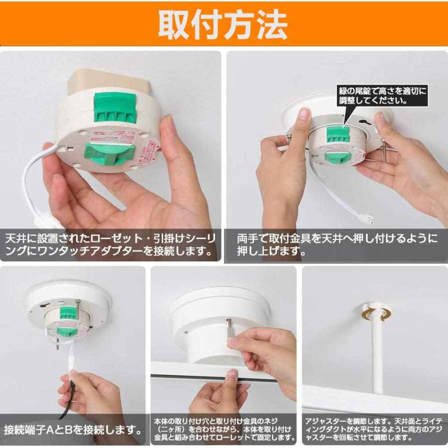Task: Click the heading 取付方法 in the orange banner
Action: pos(223,23)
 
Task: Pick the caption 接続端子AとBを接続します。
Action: pos(72,428)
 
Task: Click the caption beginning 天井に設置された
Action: pos(111,243)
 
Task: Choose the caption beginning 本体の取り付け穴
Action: pos(224,430)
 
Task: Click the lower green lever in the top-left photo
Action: pos(109,154)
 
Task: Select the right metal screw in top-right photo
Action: pos(384,154)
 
